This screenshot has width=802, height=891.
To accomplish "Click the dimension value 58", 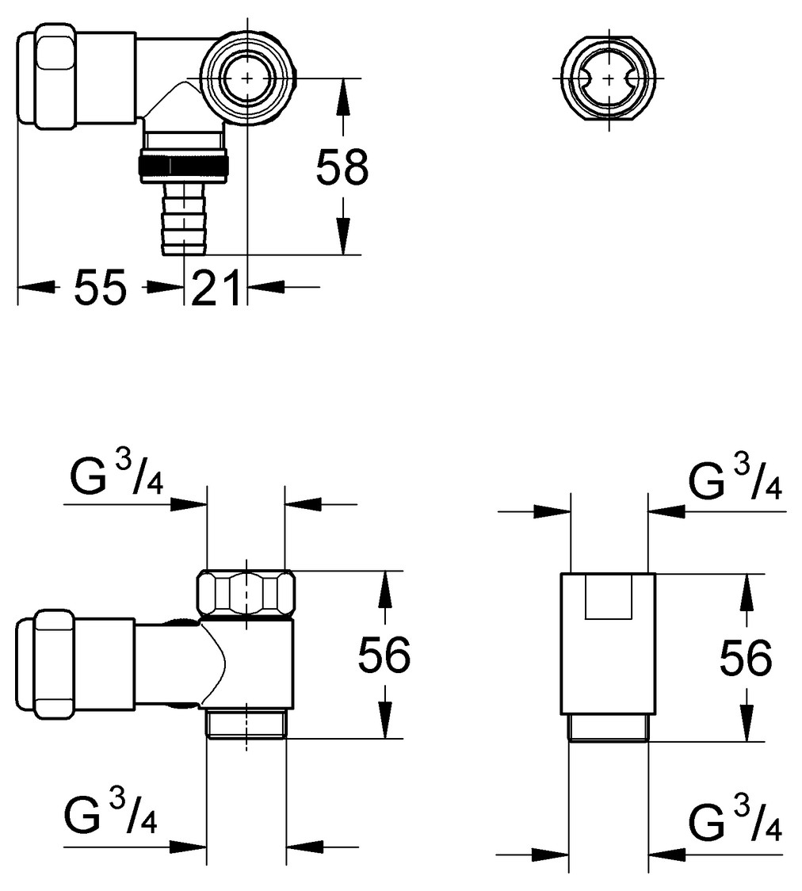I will [x=342, y=168].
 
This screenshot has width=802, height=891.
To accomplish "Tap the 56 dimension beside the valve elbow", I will [x=384, y=656].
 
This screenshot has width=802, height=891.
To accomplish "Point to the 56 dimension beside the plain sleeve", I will [x=745, y=657].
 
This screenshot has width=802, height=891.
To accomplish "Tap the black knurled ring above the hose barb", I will [x=184, y=165].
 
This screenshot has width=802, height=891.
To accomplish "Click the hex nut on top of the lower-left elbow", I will [x=246, y=593].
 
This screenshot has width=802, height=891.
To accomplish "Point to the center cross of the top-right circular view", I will [x=607, y=78].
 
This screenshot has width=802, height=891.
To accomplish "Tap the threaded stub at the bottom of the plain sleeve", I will [x=609, y=727].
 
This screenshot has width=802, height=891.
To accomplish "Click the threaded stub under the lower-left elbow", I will [x=246, y=723].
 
